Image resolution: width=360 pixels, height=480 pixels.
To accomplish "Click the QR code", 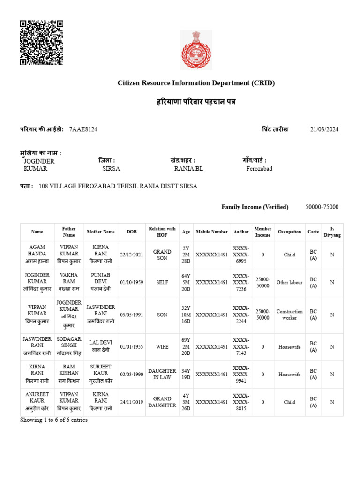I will tap(41, 43).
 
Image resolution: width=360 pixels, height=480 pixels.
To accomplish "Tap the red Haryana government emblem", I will tap(196, 50).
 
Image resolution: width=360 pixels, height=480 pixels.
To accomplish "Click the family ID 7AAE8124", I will tap(83, 129).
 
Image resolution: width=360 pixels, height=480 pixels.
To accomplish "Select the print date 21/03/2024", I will tap(324, 129).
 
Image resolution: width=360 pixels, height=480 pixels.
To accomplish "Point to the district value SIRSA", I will tap(111, 169).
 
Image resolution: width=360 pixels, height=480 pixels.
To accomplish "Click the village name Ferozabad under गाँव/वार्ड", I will tap(259, 169).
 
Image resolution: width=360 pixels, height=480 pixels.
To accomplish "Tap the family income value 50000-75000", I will tap(322, 207).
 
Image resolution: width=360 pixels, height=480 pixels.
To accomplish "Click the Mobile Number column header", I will tap(212, 232).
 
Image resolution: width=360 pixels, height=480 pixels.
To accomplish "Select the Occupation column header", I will tap(289, 232).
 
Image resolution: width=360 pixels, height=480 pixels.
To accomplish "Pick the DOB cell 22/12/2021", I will tap(132, 255).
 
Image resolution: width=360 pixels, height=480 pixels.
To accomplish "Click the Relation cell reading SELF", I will tap(162, 282).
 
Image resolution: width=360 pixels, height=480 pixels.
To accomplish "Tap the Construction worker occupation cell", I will tap(289, 315).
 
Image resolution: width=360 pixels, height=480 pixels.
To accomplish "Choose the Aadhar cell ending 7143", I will tap(241, 347).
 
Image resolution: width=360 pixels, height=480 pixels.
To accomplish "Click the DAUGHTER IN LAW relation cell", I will tap(162, 374).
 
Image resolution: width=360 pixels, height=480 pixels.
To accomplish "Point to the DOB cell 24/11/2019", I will tap(132, 402).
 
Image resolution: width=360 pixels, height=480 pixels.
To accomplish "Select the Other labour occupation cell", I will tap(289, 282).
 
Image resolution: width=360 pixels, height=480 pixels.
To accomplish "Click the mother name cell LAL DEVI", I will tap(101, 347).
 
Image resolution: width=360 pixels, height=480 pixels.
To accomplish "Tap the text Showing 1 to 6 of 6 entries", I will tap(53, 420).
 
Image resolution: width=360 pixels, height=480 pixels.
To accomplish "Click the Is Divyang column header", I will tap(332, 232).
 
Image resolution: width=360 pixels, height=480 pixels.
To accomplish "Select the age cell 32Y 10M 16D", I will tap(186, 315).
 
